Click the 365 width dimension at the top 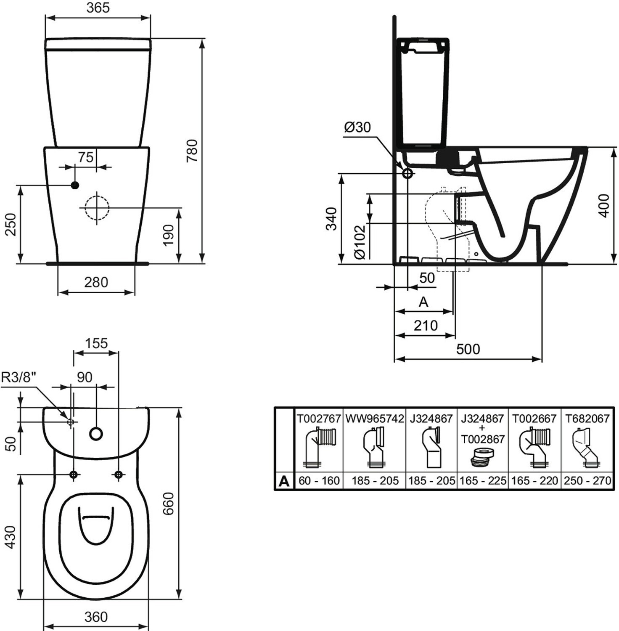[x=98, y=8]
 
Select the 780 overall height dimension [x=192, y=151]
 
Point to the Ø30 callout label [x=357, y=127]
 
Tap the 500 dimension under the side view [x=468, y=349]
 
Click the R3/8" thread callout [x=19, y=377]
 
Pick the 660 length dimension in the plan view [x=168, y=504]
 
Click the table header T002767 [x=319, y=419]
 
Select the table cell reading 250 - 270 [x=587, y=480]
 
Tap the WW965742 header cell [x=374, y=419]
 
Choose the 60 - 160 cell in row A [x=319, y=480]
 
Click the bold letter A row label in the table [x=284, y=480]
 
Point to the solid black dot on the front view [x=75, y=185]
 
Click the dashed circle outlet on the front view [x=97, y=208]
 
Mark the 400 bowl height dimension [x=603, y=205]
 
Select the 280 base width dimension [x=96, y=282]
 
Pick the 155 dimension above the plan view [x=96, y=343]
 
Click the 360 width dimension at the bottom [x=96, y=617]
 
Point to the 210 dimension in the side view [x=426, y=325]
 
